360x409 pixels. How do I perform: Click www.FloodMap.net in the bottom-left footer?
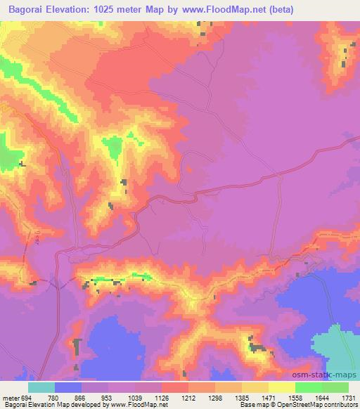139,405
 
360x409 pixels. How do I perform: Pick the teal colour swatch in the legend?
41,387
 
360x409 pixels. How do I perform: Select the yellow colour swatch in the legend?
282,387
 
